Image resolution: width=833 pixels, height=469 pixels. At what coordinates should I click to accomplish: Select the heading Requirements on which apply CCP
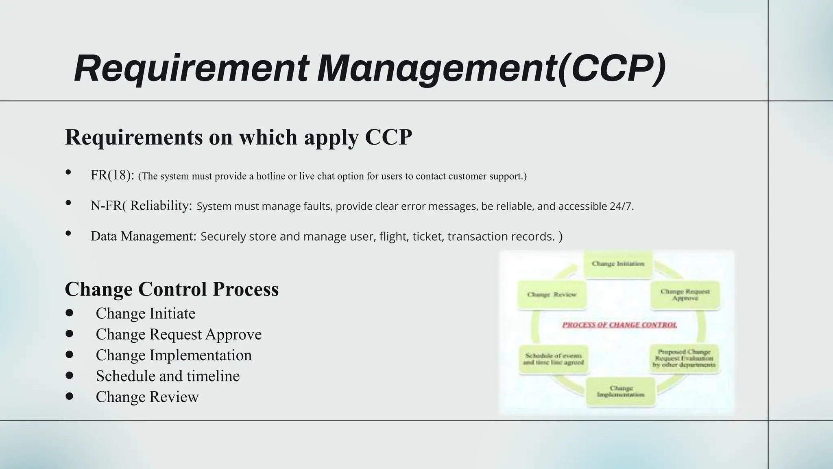238,137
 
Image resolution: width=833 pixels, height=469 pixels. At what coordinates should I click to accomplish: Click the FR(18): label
112,175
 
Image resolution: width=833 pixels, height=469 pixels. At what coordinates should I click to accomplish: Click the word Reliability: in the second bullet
161,206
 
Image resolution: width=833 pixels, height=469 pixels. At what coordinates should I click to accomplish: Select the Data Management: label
144,236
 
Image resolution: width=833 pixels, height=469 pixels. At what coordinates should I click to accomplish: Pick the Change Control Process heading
172,289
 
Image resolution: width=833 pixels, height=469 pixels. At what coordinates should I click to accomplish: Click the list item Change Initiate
145,313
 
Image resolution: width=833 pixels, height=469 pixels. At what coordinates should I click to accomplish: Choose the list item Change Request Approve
179,334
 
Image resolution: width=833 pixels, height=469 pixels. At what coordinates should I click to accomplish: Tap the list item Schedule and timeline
168,376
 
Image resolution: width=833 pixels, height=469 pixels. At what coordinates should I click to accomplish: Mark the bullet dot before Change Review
69,396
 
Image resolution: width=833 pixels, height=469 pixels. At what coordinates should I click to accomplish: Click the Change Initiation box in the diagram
618,264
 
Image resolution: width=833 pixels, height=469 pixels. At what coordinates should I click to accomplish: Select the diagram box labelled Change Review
552,295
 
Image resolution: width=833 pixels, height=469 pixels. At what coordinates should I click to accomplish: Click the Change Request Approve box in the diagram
685,295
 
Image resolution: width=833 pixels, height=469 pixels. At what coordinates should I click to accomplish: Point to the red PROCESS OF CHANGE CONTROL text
619,325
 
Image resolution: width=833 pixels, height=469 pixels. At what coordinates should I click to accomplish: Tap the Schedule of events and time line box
553,359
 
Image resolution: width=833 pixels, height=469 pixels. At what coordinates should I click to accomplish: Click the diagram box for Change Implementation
620,392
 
